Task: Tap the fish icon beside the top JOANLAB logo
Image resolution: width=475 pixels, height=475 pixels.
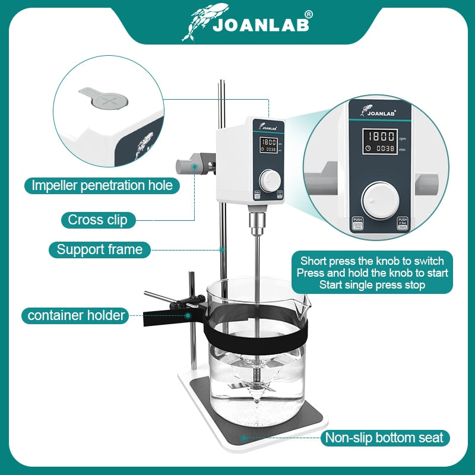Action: [x=205, y=20]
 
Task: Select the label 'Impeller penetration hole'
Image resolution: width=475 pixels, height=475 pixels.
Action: [x=102, y=185]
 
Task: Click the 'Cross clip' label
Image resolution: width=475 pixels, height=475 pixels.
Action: [x=97, y=220]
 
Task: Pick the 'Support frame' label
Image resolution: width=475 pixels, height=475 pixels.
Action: [x=100, y=249]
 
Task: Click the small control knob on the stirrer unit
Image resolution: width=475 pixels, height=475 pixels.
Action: [x=269, y=178]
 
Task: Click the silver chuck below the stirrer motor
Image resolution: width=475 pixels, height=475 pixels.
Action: [x=256, y=225]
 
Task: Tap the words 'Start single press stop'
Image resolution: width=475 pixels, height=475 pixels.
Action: [x=372, y=285]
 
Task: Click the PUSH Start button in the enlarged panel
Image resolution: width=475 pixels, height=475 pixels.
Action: [x=403, y=223]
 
